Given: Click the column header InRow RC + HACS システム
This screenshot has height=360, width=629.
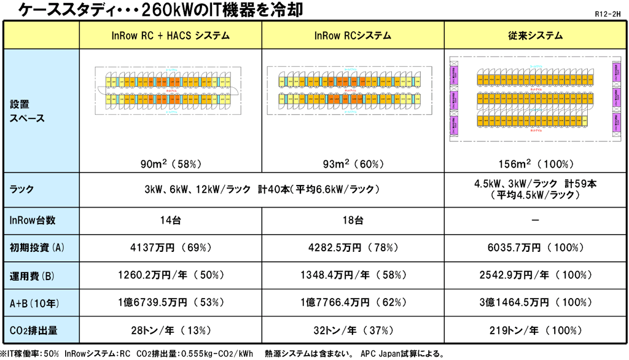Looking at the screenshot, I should point(171,36).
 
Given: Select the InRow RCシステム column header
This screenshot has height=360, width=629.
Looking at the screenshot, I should point(353,36).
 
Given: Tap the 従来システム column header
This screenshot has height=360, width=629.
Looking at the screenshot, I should point(536,36).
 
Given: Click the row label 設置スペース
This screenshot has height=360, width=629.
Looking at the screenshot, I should point(28,111).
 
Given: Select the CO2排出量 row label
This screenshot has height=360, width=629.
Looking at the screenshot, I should point(34,330).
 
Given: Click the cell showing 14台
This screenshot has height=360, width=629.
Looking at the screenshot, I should point(171,220).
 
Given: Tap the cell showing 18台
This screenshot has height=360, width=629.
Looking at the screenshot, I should point(353,220).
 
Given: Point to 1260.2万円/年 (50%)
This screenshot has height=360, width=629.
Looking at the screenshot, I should point(171,275).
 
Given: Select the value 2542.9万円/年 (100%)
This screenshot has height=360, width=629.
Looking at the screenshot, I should point(536,275).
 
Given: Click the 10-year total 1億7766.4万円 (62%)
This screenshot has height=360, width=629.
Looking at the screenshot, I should point(353,302).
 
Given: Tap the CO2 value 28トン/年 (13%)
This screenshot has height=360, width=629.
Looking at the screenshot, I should point(171,330).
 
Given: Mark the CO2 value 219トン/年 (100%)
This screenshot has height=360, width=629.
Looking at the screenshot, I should point(536,330).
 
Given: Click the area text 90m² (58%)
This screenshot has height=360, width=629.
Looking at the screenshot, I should point(171,164).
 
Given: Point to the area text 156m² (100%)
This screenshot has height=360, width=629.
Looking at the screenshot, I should point(536,164).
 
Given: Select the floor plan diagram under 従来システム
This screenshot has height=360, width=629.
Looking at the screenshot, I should point(536,98).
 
